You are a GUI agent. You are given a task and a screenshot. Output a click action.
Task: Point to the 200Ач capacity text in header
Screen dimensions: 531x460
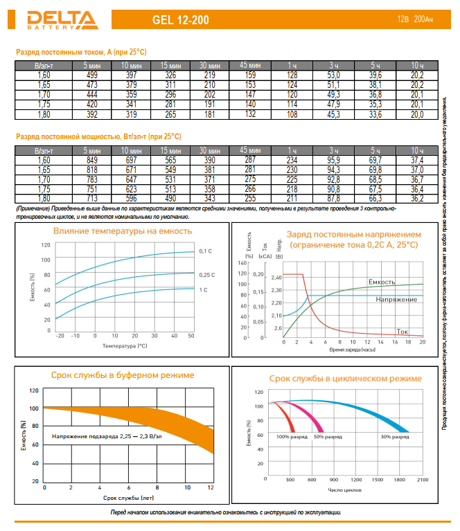(x=428, y=20)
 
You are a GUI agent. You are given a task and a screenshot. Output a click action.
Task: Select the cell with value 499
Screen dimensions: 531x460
(x=91, y=74)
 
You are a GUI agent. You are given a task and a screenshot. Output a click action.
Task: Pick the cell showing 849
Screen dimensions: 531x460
(x=91, y=160)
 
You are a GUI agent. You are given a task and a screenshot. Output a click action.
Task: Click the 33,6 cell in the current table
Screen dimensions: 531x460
(x=375, y=114)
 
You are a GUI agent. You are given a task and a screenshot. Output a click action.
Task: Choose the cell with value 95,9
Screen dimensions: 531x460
(x=334, y=160)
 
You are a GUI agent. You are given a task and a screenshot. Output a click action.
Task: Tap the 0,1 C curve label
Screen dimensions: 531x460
(x=206, y=250)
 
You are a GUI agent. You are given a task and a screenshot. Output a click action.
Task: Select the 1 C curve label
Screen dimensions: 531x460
(x=204, y=289)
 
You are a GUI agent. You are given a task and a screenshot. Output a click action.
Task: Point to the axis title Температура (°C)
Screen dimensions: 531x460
(x=124, y=344)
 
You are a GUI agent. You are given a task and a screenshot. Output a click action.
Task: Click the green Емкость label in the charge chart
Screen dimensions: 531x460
(x=382, y=282)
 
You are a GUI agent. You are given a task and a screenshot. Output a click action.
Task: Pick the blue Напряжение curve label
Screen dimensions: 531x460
(x=396, y=299)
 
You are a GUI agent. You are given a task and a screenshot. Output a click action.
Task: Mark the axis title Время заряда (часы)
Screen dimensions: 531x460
(x=353, y=350)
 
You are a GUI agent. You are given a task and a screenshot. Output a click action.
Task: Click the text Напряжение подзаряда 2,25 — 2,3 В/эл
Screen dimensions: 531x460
(x=107, y=437)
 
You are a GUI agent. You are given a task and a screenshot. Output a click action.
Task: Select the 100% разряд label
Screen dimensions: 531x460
(x=292, y=437)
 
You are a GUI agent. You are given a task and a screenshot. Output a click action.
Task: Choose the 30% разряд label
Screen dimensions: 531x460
(x=395, y=437)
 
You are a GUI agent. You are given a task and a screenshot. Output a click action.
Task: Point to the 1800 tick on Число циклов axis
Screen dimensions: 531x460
(x=400, y=479)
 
